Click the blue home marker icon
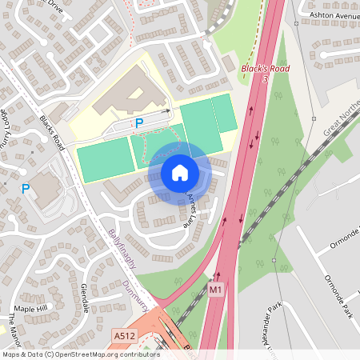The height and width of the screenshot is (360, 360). pos(179,172)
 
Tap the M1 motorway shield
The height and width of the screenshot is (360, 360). pos(215,288)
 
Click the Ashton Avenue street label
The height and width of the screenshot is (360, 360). pos(334,15)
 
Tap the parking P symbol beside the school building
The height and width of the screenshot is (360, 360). pos(138,123)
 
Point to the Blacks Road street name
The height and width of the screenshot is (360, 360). pos(52,132)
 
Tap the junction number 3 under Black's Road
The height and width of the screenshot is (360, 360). pos(265,80)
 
